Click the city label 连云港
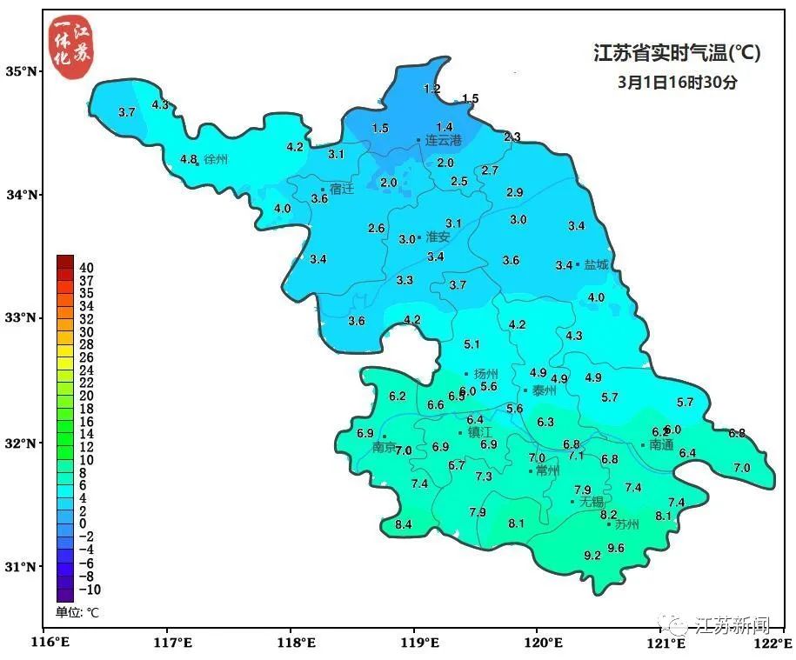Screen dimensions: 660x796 [x=444, y=140]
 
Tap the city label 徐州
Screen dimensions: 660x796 [x=216, y=160]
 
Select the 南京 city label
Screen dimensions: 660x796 [x=384, y=448]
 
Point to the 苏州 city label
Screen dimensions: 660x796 [x=626, y=524]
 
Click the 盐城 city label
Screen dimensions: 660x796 [x=597, y=264]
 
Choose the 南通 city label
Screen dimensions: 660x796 [x=661, y=445]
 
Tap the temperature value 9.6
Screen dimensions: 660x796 [x=616, y=548]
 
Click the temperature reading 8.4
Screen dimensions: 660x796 [x=403, y=524]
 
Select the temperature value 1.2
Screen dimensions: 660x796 [x=431, y=89]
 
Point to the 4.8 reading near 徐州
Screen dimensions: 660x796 [x=189, y=159]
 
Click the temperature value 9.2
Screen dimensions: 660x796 [x=592, y=555]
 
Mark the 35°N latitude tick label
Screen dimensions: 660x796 [x=22, y=71]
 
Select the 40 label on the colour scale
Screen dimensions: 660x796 [x=86, y=268]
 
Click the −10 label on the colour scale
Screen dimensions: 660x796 [x=90, y=589]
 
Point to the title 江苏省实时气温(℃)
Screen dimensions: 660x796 [x=676, y=54]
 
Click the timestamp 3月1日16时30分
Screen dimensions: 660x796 [x=677, y=83]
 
